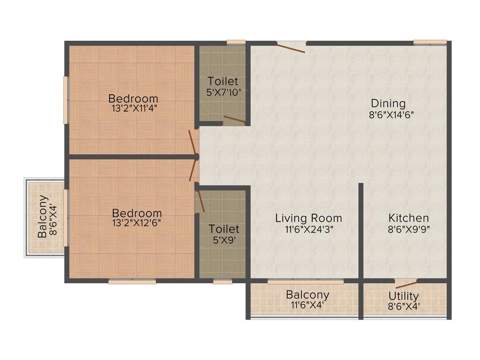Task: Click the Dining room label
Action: pyautogui.click(x=388, y=103)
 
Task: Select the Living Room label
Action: pyautogui.click(x=308, y=218)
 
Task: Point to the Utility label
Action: pyautogui.click(x=404, y=296)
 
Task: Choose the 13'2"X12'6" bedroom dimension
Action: pyautogui.click(x=136, y=223)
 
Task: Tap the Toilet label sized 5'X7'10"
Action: pyautogui.click(x=223, y=81)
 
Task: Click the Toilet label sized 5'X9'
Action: pyautogui.click(x=224, y=229)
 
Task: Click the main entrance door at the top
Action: pyautogui.click(x=291, y=46)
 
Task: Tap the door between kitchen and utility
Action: pyautogui.click(x=406, y=284)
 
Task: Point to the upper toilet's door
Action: pyautogui.click(x=234, y=120)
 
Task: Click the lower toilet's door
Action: pyautogui.click(x=200, y=201)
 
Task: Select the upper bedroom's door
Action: pyautogui.click(x=193, y=142)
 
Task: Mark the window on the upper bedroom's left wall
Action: pyautogui.click(x=66, y=100)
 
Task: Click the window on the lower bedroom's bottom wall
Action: pyautogui.click(x=132, y=282)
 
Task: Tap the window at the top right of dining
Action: pyautogui.click(x=430, y=43)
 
